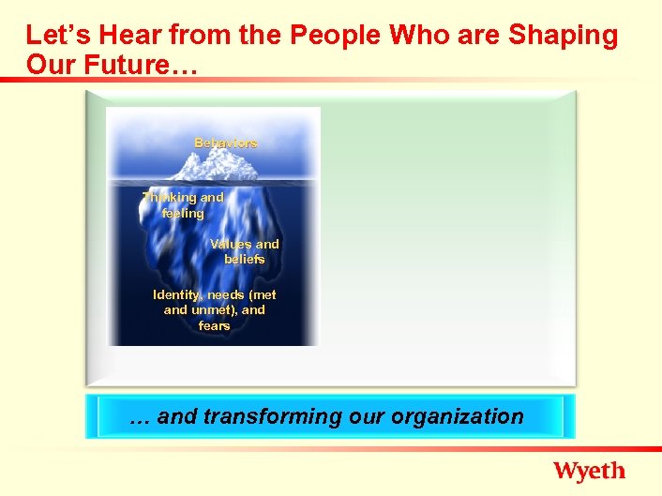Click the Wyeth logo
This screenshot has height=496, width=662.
click(589, 471)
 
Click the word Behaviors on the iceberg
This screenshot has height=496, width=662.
click(226, 143)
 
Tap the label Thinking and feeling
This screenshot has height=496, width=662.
click(183, 205)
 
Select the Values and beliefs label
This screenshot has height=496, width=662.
click(245, 251)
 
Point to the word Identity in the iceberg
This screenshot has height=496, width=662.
click(177, 294)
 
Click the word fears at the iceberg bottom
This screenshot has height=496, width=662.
click(215, 326)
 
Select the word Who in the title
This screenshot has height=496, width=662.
click(416, 36)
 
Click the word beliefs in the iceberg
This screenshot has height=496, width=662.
click(245, 259)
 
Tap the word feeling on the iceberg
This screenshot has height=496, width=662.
click(183, 214)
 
